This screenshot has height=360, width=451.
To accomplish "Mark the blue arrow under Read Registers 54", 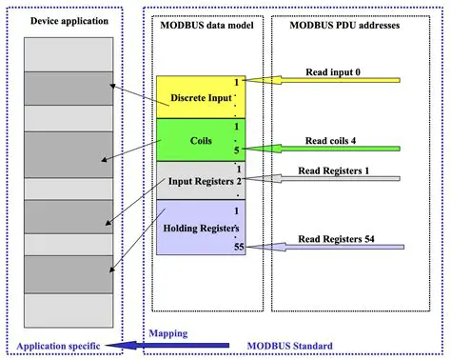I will tap(324, 247).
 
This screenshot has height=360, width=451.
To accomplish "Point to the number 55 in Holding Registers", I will tap(239, 247).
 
